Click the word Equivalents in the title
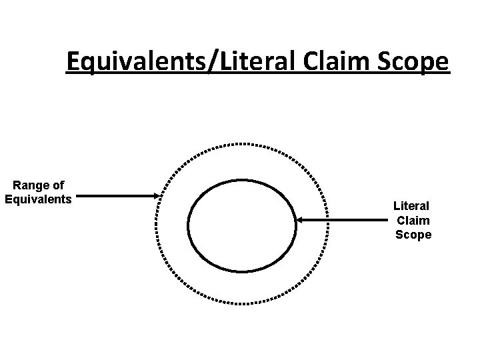click(137, 62)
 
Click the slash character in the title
click(213, 62)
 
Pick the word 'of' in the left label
click(58, 185)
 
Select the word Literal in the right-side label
click(412, 206)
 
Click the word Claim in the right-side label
click(413, 220)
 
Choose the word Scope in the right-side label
click(413, 235)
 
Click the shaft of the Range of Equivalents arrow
click(117, 196)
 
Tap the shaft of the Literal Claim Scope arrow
click(343, 219)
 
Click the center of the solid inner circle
click(242, 225)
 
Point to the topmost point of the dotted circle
click(242, 143)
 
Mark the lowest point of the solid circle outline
click(242, 271)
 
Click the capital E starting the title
click(74, 62)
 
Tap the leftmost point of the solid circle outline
click(189, 225)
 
